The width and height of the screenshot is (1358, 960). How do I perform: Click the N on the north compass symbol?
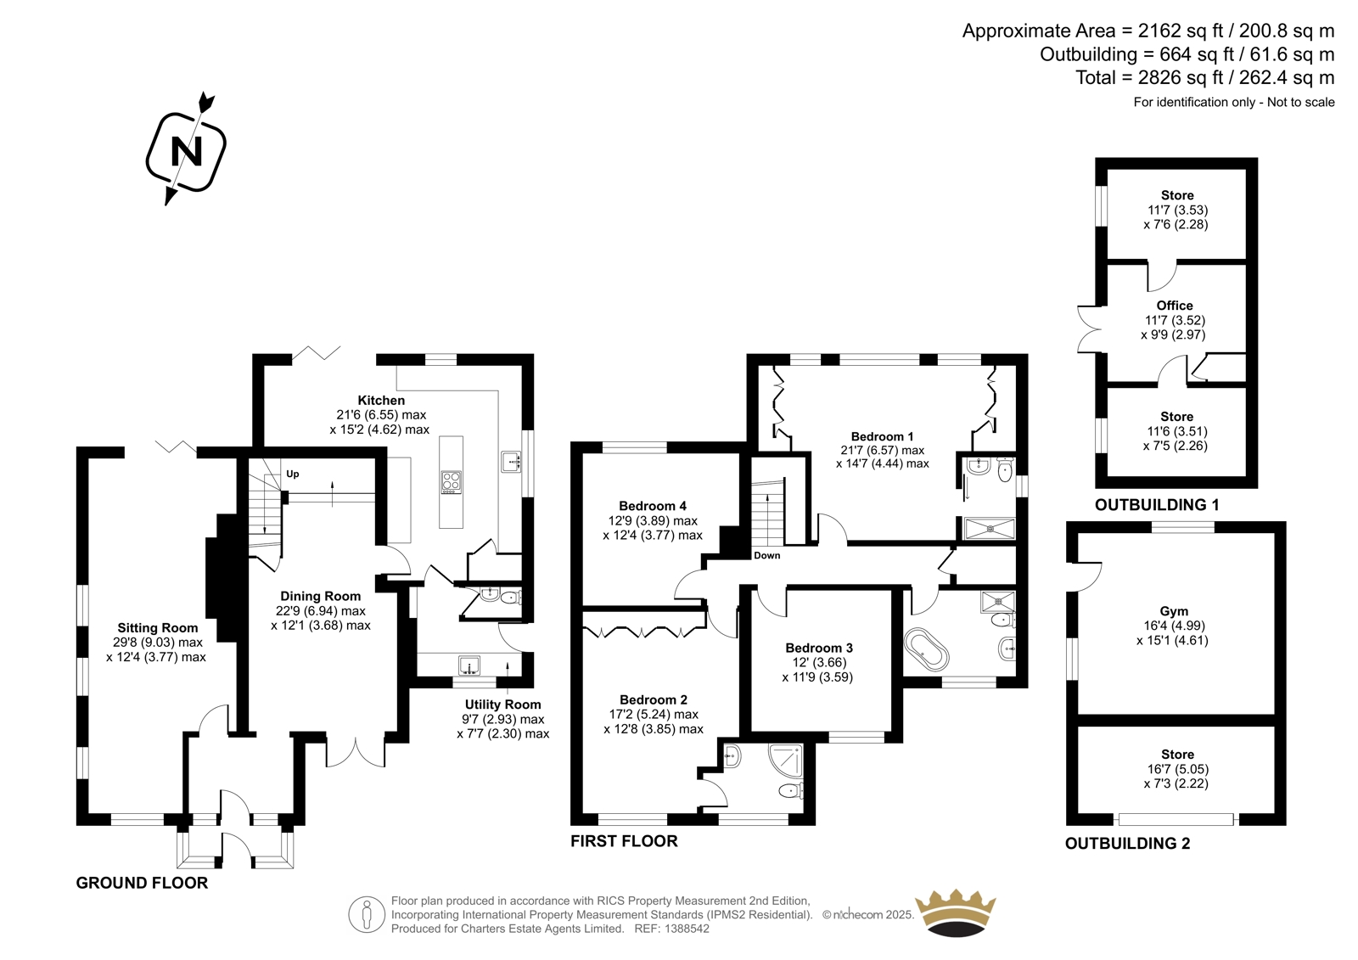[x=186, y=151]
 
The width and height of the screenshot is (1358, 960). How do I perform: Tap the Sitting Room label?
[x=158, y=627]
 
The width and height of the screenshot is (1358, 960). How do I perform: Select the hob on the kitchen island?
[x=451, y=483]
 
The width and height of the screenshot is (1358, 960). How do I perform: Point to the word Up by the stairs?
[x=293, y=474]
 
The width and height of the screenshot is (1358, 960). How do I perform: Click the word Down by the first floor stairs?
[x=767, y=555]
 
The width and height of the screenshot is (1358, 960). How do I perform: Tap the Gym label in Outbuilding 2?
[x=1174, y=611]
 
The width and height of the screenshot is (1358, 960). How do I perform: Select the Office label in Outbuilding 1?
[x=1175, y=306]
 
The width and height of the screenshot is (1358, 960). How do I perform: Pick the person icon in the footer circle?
[x=366, y=915]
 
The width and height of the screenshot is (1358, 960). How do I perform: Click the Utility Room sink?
[x=469, y=665]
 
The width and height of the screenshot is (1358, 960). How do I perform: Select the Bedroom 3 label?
[x=819, y=648]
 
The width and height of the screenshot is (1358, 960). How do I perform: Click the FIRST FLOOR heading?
[x=624, y=841]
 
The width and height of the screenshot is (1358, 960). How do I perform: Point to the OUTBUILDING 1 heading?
[x=1157, y=504]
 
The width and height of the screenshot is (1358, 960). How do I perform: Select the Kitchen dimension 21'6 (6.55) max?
[x=381, y=415]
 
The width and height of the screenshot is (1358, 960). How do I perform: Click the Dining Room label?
[x=320, y=596]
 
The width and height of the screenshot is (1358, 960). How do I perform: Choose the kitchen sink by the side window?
[x=511, y=462]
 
